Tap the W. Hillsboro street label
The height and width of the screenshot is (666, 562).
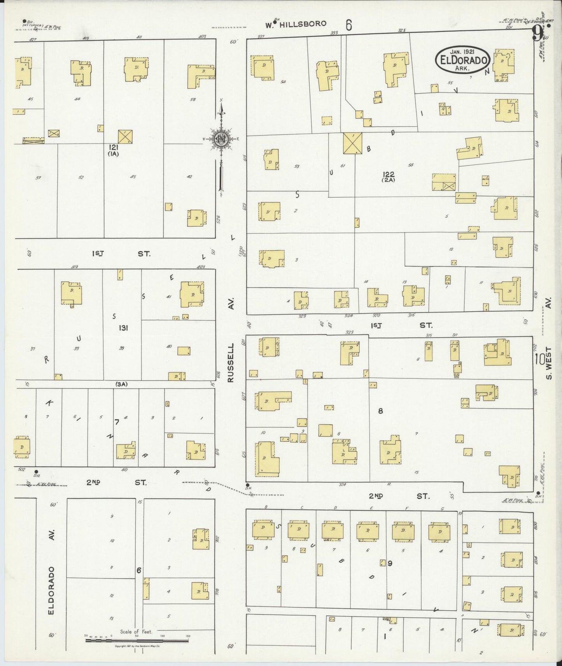click(296, 24)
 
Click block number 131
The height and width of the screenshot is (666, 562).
click(124, 328)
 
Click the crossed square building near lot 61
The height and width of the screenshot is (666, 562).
click(352, 143)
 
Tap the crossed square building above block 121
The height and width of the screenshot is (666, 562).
click(125, 137)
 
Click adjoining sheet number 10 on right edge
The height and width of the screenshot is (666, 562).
click(539, 358)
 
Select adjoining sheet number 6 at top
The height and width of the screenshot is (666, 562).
click(348, 25)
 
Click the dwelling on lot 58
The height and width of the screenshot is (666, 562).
click(200, 76)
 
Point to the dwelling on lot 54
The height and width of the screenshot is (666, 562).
click(263, 67)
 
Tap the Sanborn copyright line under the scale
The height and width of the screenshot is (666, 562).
click(137, 646)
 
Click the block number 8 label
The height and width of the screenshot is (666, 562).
click(380, 411)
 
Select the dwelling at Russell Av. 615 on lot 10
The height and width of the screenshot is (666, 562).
click(266, 459)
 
